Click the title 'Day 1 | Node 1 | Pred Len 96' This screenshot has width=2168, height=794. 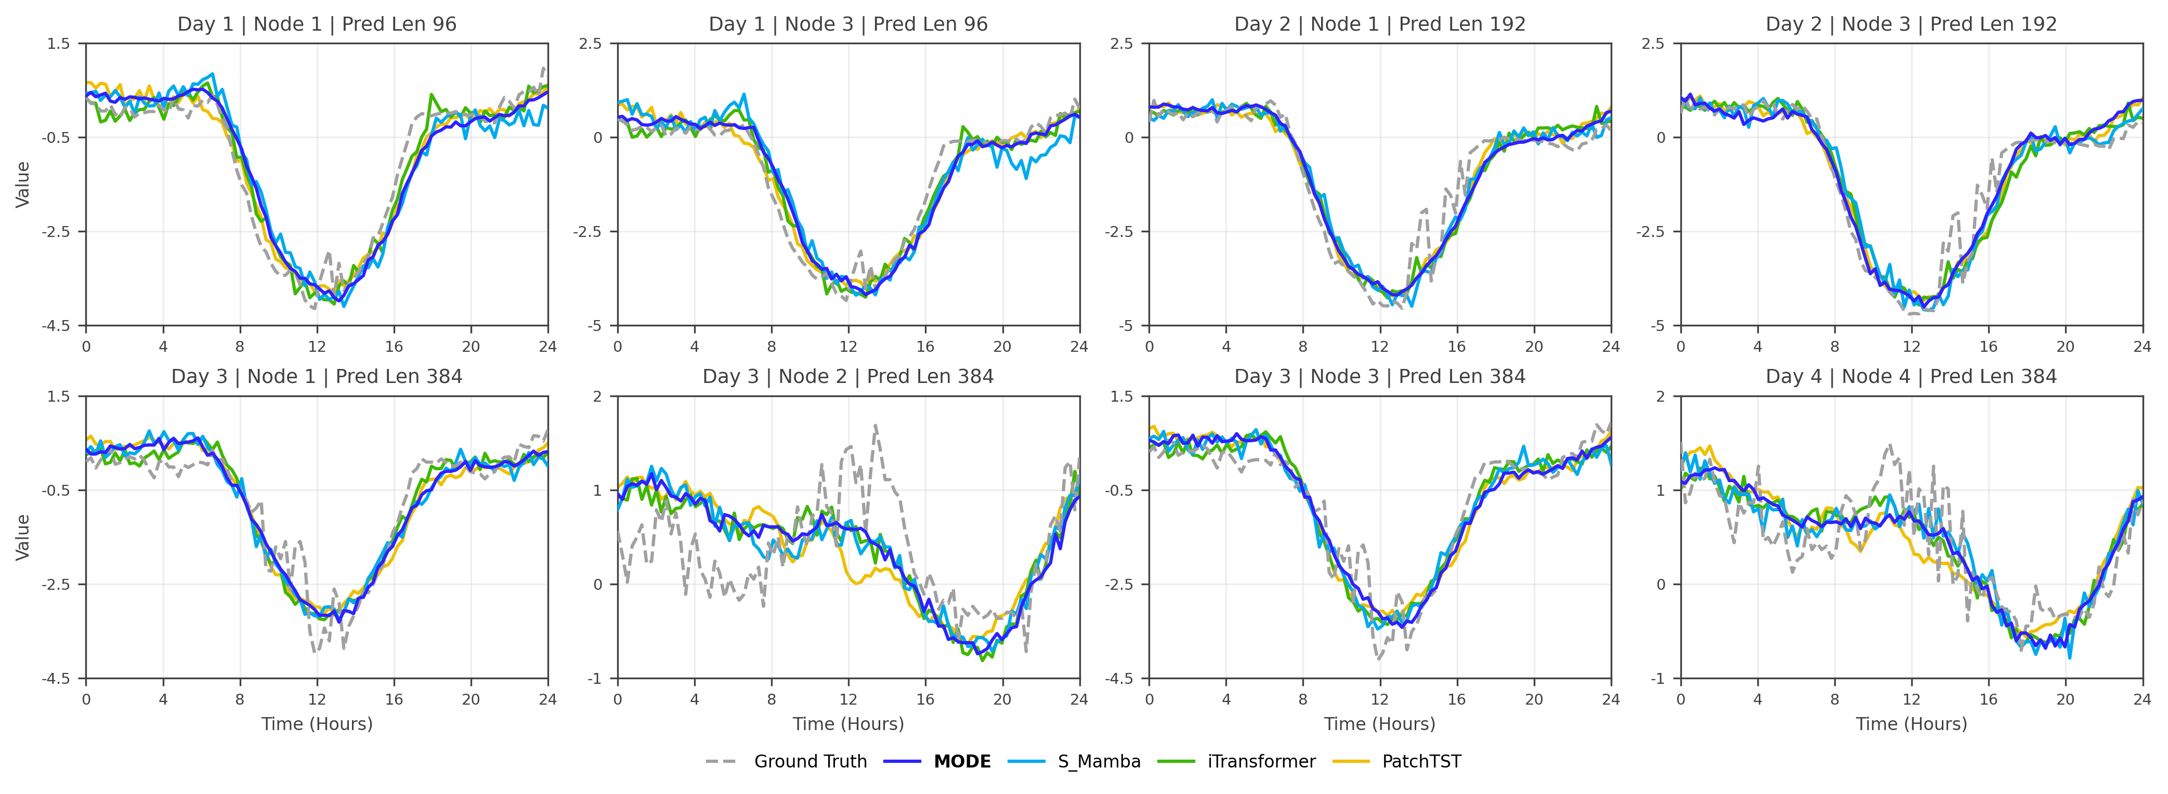317,24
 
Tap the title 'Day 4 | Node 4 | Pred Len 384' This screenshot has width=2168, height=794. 1911,377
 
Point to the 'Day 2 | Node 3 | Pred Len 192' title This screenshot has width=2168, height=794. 1911,24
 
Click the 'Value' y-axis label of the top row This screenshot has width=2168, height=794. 23,184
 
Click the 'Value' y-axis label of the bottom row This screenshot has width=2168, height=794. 23,537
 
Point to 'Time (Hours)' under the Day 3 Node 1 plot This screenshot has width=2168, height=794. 317,724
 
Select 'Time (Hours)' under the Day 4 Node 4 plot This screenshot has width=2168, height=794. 1911,724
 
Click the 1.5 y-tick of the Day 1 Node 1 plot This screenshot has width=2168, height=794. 59,44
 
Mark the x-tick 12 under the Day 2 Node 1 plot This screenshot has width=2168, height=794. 1379,347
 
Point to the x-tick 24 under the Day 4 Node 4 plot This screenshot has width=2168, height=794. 2142,699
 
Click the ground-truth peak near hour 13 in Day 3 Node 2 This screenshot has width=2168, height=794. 876,427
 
